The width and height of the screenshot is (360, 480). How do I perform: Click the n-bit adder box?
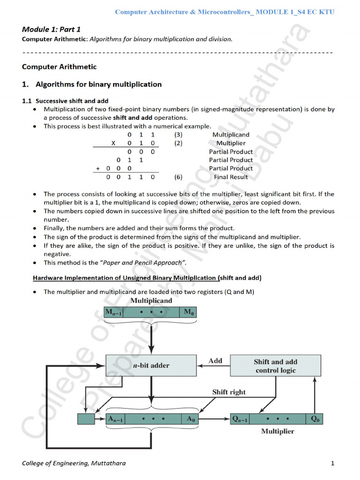151,365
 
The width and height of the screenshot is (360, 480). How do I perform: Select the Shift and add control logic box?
275,366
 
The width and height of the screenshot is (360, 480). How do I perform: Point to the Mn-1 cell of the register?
113,313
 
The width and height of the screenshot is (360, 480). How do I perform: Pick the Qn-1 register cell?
241,419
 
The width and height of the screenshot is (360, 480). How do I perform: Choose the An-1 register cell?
118,419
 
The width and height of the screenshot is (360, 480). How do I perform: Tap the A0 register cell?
190,419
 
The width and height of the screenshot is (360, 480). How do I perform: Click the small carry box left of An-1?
86,419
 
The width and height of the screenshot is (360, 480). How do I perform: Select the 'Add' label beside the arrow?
215,360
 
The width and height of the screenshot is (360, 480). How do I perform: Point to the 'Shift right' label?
229,392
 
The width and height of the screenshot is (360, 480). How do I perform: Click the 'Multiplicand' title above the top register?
151,300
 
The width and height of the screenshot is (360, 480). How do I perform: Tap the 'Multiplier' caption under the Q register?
277,431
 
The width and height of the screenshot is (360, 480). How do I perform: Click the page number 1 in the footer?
332,464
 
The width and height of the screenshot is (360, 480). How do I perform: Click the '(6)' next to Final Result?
178,177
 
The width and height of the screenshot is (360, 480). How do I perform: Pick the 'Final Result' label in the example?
231,177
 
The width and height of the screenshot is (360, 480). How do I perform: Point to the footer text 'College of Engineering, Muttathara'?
74,464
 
